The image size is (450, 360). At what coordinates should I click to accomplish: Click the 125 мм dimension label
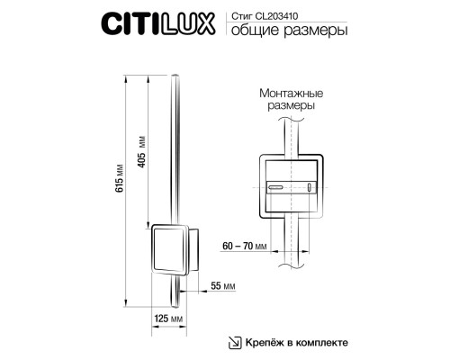[170, 319]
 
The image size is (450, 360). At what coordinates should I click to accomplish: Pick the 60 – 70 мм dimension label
[247, 245]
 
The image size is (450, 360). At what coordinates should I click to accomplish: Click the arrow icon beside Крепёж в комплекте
[233, 341]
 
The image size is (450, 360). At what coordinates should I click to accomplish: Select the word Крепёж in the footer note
[267, 341]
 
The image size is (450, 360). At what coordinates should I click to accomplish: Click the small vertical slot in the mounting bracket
[310, 188]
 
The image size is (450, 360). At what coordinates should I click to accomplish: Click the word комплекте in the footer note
[319, 341]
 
